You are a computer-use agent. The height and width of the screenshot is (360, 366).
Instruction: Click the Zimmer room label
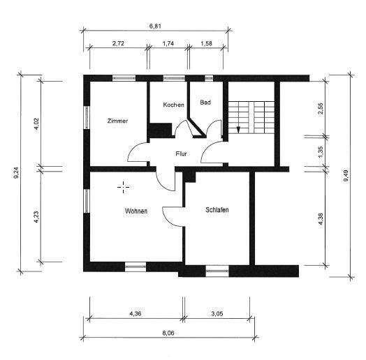coord(117,121)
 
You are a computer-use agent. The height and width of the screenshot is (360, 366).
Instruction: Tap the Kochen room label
coord(173,105)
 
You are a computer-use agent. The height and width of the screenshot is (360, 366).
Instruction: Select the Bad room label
coord(205,103)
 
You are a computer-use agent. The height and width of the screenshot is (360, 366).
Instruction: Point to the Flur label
coord(181,154)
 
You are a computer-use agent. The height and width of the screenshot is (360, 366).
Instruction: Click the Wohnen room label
coord(136,211)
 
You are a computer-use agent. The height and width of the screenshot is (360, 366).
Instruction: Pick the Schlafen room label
coord(217,210)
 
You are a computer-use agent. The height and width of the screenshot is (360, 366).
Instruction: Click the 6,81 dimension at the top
coord(155,26)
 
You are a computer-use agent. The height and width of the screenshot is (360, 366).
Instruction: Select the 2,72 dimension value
coord(118,43)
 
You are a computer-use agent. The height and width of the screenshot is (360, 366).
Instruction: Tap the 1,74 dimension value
coord(168,43)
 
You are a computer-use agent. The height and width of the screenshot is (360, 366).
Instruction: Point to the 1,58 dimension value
coord(206,43)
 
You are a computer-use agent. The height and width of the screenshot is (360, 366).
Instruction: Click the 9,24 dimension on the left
coord(16,173)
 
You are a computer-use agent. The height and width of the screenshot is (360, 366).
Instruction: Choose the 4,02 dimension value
coord(36,126)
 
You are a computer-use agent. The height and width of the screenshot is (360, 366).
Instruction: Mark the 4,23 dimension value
coord(36,217)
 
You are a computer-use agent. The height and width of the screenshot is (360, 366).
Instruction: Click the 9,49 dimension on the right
coord(346,176)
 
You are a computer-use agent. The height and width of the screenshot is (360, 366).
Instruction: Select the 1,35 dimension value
coord(321,152)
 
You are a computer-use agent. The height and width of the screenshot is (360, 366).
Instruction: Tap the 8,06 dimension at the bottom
coord(168,333)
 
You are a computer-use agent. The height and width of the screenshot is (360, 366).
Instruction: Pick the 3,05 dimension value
coord(217,313)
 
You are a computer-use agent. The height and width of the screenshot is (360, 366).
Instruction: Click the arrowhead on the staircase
coord(238,130)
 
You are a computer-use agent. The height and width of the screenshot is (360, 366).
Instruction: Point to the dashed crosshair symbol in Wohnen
coord(124,187)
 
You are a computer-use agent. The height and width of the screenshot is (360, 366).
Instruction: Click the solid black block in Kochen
coord(161,130)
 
